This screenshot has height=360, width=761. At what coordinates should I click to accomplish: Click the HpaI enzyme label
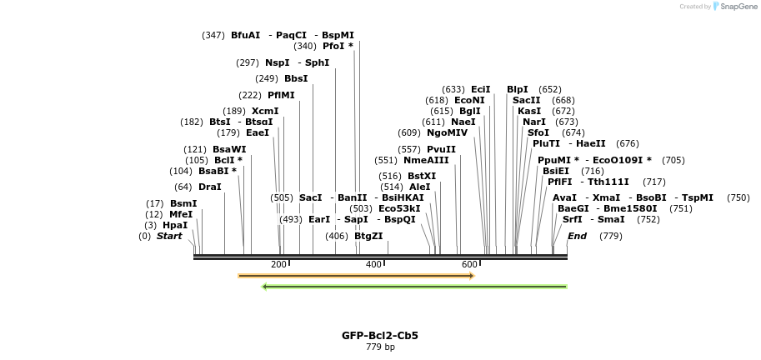tap(174, 225)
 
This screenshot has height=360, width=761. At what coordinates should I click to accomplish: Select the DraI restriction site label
tap(209, 187)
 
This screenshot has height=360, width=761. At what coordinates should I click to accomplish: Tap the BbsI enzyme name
tap(296, 78)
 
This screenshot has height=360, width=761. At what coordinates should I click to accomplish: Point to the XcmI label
tap(265, 111)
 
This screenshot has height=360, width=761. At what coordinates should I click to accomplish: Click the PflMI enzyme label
tap(281, 95)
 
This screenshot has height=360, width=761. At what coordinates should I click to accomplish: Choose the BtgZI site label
tap(368, 236)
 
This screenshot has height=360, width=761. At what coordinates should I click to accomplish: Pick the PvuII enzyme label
tap(441, 149)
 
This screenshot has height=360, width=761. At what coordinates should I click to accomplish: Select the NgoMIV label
tap(447, 132)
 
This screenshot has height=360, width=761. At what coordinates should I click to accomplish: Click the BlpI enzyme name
tap(517, 89)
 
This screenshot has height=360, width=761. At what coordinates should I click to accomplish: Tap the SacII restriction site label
tap(526, 100)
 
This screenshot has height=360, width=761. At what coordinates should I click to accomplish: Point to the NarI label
tap(534, 122)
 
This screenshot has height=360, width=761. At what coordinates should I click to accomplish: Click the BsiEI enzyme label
tap(556, 171)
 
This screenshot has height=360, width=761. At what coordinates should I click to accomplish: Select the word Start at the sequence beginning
tap(169, 236)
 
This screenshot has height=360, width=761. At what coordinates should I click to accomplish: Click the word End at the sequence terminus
tap(578, 236)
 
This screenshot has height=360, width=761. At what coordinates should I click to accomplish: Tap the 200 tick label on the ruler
tap(278, 264)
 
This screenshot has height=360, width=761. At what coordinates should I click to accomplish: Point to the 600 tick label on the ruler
tap(469, 264)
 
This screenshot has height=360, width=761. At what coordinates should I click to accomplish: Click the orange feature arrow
tap(356, 275)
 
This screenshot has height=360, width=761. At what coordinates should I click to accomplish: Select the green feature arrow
tap(414, 287)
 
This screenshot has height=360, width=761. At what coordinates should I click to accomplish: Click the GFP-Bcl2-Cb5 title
tap(380, 336)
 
